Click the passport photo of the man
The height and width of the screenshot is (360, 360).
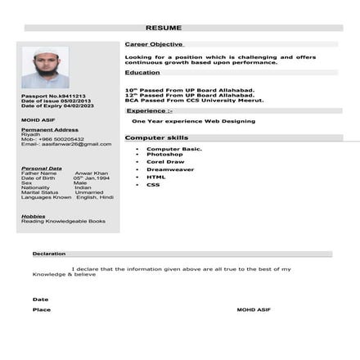coord(45,67)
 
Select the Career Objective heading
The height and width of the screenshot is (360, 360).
coord(154,44)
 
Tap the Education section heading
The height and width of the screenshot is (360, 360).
coord(142,73)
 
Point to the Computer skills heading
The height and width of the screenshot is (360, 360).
coord(156,138)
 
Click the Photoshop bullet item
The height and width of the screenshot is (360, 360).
coord(164,155)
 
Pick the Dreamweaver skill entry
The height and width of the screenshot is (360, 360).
coord(170,169)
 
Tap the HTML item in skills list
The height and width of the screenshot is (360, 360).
coord(156,177)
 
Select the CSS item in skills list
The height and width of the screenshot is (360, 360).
coord(153,184)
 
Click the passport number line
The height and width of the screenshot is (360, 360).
coord(53,96)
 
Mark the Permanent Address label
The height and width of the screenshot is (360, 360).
coord(50,129)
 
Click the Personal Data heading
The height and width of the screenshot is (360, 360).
coord(42,168)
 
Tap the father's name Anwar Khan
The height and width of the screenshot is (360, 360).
coord(92,173)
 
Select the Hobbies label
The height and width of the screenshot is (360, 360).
coord(34,216)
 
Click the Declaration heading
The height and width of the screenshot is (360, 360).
coord(49,254)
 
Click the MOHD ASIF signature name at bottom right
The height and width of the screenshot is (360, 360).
coord(253,310)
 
